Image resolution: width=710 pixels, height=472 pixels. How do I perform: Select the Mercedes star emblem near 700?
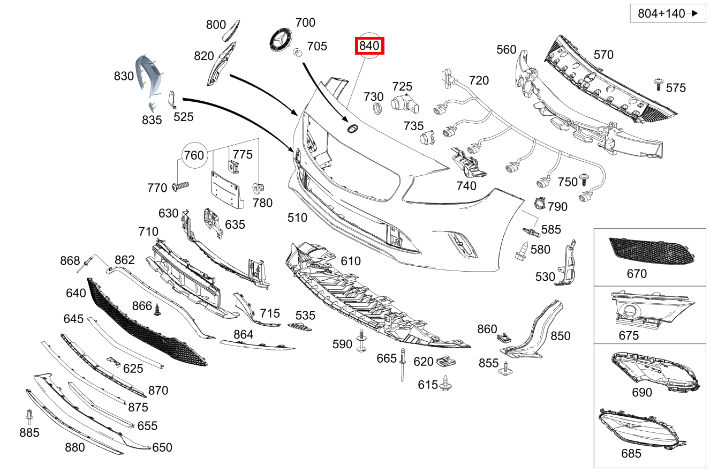[x=280, y=41]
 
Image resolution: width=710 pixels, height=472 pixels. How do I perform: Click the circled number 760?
[x=194, y=155]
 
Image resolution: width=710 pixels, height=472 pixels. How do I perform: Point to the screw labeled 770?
[x=181, y=186]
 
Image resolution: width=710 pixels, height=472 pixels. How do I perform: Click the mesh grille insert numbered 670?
[x=651, y=250]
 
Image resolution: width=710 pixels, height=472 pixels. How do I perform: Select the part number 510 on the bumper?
[x=297, y=218]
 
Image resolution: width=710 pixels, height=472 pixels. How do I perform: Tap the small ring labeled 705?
[x=298, y=52]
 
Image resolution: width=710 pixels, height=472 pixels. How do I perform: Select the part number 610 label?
[x=351, y=261]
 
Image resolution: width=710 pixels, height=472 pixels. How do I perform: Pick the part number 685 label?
[x=631, y=453]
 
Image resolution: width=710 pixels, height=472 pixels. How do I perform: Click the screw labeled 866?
[x=157, y=310]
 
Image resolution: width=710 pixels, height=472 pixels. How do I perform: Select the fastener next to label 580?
[x=522, y=251]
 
